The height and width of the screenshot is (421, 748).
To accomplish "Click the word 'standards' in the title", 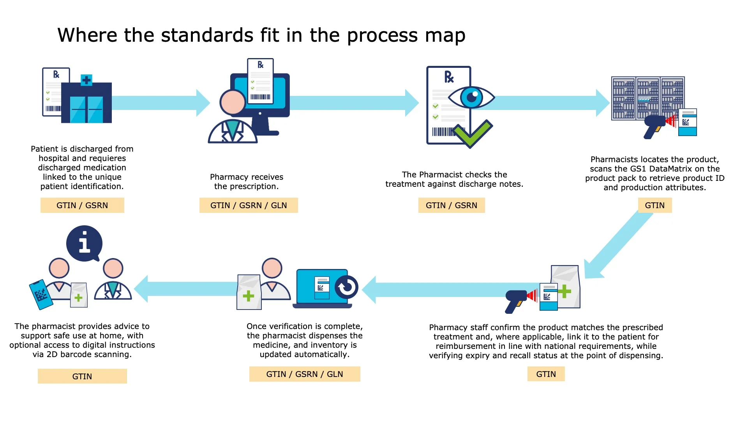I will coord(207,35).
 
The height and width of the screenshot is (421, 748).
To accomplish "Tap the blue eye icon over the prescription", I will coord(471,97).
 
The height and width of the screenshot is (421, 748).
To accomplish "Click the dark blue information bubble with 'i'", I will coord(84,244).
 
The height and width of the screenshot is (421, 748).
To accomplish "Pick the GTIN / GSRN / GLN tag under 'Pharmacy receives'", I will coord(249,205).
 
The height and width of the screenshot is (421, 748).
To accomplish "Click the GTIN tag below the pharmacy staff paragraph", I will coord(546,374).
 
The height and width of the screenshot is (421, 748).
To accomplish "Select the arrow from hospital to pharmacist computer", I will coord(160,103).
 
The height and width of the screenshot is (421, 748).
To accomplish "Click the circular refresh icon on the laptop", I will coord(346,287).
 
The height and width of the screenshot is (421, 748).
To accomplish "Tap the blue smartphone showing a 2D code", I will coord(41,295).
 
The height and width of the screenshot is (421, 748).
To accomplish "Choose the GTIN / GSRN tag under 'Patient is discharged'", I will coord(82,205).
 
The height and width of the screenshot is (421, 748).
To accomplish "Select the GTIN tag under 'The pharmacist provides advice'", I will coord(82,377).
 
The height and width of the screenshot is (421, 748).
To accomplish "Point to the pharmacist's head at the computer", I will coord(233,102).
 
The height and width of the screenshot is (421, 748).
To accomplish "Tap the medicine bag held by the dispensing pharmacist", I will coord(249,292).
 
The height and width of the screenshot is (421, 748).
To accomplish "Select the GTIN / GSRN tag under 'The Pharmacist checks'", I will coord(451,205).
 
